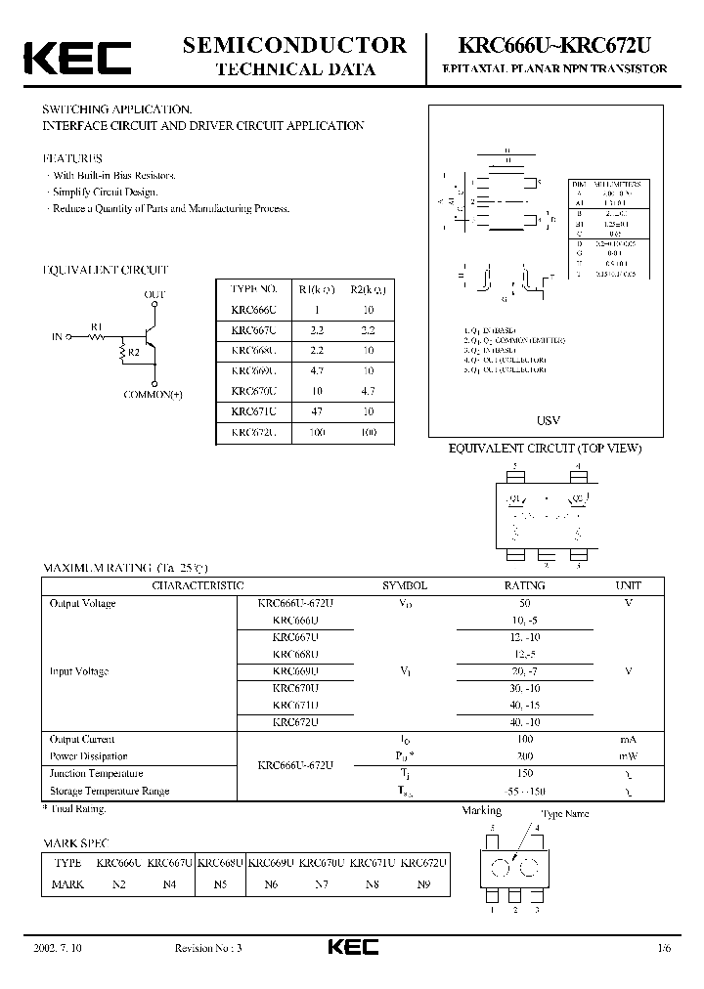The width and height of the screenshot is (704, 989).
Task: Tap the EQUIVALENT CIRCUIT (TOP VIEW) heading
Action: click(545, 449)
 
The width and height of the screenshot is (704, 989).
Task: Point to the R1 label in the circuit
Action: click(96, 325)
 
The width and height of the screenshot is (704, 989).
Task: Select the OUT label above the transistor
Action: click(154, 294)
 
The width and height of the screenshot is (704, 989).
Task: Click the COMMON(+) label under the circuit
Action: click(154, 394)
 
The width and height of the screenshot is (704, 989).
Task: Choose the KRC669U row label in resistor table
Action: click(254, 370)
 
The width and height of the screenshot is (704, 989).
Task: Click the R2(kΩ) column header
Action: click(369, 288)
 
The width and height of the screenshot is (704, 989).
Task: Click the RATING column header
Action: click(524, 585)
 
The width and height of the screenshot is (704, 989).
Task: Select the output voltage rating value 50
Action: click(524, 603)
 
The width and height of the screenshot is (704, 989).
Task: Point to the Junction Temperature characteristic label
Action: click(96, 773)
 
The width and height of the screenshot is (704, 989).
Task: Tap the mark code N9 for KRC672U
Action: click(423, 884)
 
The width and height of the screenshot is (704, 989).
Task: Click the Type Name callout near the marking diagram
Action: click(565, 813)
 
